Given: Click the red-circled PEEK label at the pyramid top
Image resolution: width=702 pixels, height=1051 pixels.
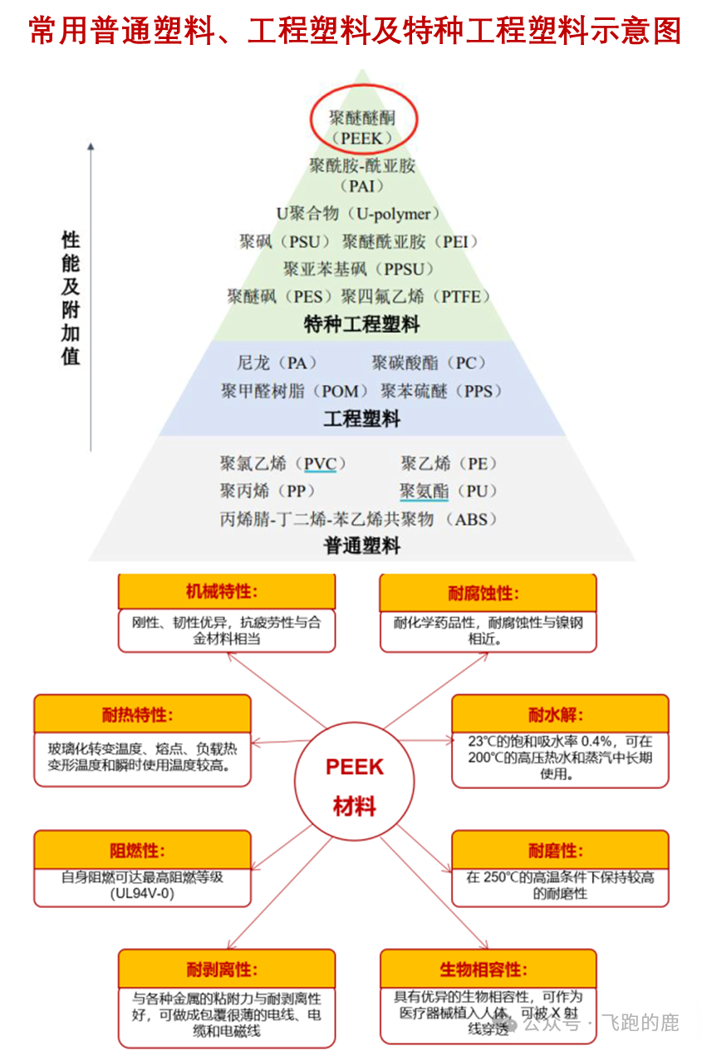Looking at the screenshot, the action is (363, 126).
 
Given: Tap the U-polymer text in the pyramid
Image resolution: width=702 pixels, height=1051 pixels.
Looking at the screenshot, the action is (358, 214).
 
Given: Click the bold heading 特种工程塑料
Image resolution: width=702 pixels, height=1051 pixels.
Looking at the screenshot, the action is (362, 324).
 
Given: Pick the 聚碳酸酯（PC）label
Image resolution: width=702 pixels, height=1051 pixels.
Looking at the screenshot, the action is (429, 363).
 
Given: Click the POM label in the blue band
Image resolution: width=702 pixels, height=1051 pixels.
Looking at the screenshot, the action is (296, 391).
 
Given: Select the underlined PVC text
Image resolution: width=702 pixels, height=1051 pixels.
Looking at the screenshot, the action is (320, 463).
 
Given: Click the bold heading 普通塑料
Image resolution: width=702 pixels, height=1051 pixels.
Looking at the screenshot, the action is (362, 546).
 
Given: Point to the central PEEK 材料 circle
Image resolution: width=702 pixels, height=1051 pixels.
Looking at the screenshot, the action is (355, 786).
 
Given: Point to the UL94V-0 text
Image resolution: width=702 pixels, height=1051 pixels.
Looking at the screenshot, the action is (142, 892).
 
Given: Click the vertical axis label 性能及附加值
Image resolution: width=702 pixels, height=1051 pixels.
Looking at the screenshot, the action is (71, 299).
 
